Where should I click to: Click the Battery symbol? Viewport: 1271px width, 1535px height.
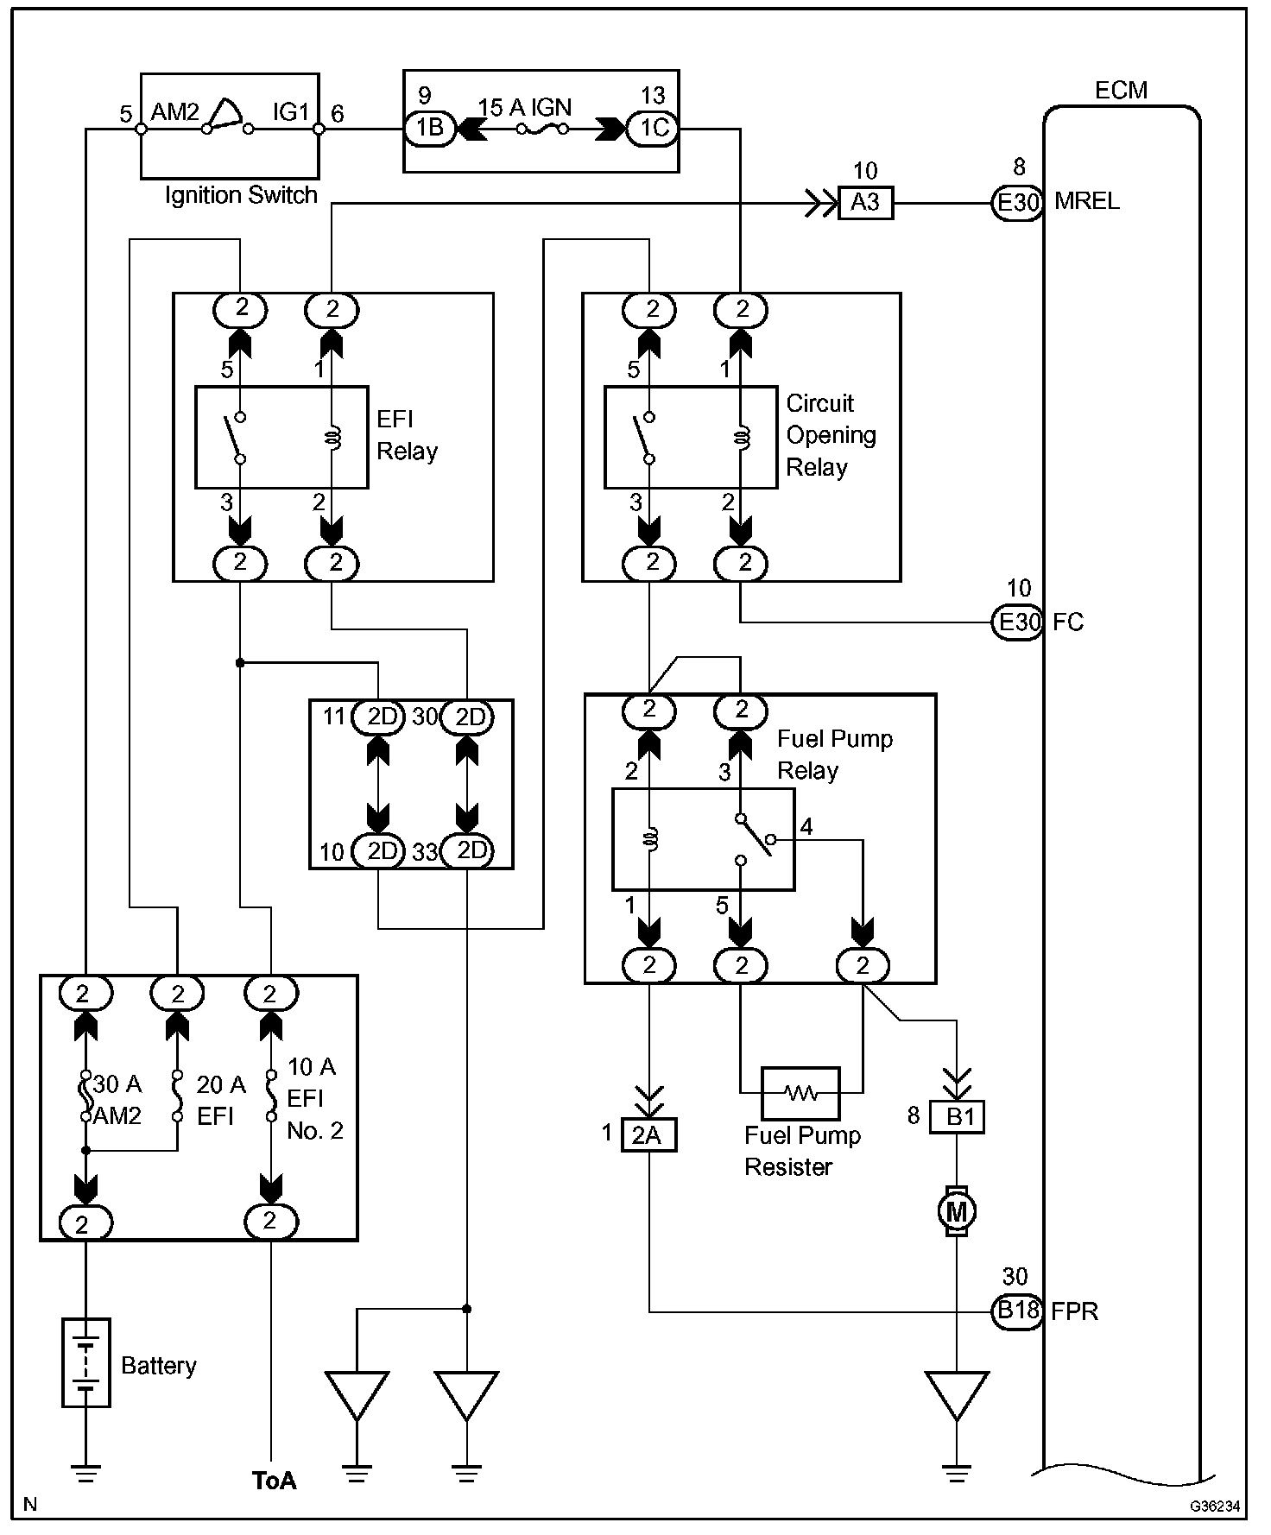[x=85, y=1361]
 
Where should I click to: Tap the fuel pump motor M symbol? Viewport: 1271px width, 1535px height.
[x=956, y=1211]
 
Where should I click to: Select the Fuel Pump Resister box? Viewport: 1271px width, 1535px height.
[x=800, y=1093]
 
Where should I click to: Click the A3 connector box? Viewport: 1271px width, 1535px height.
[x=865, y=203]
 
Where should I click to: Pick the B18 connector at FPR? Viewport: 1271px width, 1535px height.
[x=1018, y=1311]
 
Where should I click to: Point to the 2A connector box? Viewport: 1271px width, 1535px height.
[x=648, y=1134]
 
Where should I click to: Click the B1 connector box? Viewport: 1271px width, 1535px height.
[x=957, y=1116]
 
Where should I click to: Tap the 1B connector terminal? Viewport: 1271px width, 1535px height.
[x=430, y=129]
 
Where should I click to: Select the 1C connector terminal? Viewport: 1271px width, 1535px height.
[x=653, y=129]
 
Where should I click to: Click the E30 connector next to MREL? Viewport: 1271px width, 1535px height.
[x=1018, y=203]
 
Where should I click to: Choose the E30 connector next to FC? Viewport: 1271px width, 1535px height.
[x=1018, y=622]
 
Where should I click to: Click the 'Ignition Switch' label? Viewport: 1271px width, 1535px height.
[x=241, y=196]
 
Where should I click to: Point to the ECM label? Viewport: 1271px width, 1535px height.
[x=1121, y=91]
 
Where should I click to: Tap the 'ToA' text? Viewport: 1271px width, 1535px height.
[x=275, y=1480]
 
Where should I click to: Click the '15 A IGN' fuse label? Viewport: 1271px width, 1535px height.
[x=524, y=108]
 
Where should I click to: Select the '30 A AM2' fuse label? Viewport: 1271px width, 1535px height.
[x=117, y=1100]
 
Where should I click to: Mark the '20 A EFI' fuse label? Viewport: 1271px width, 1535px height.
[x=220, y=1100]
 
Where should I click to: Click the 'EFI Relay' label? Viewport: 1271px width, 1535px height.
[x=407, y=435]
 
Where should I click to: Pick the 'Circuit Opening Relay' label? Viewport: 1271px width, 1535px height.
[x=830, y=435]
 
